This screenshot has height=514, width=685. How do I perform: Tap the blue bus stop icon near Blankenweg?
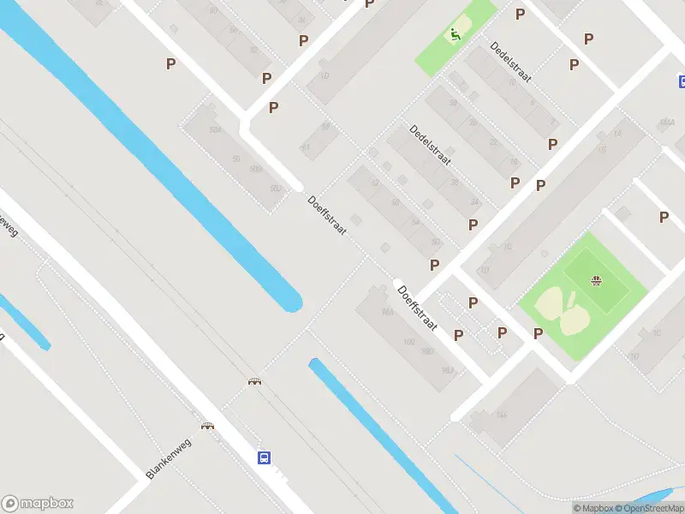[265, 457]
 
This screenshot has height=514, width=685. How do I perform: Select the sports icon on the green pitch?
[596, 280]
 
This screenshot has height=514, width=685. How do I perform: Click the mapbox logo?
[38, 504]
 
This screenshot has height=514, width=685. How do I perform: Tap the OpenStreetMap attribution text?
[646, 508]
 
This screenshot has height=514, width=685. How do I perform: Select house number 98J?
[446, 370]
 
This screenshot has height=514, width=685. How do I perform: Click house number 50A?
[215, 129]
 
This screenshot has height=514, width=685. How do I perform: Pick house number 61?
[305, 146]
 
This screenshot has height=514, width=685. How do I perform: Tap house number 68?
[395, 202]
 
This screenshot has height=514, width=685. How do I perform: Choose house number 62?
[373, 183]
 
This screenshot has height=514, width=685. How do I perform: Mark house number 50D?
[276, 188]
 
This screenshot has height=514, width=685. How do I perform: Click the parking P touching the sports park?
[539, 333]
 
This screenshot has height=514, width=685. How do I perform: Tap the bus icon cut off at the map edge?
[682, 82]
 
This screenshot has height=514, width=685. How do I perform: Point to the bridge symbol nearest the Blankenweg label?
[207, 425]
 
